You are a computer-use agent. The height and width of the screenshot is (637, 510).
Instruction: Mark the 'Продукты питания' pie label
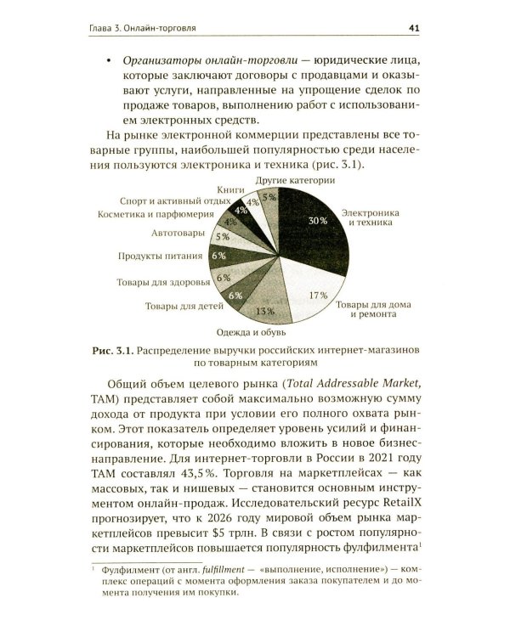point(159,255)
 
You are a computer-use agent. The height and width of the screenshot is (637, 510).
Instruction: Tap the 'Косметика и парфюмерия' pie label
point(152,216)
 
